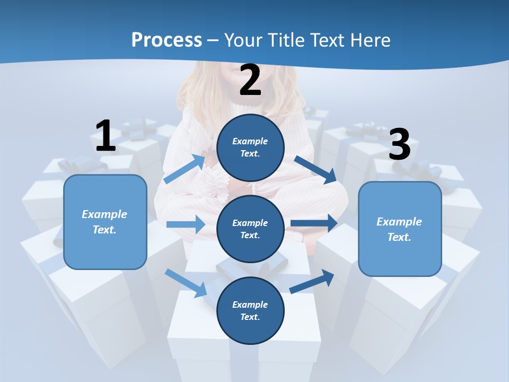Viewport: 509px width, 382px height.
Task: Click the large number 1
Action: click(x=106, y=136)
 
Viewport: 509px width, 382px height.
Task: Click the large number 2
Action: click(x=250, y=80)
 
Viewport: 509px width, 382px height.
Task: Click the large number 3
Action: click(x=399, y=144)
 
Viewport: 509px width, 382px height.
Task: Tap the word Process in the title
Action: click(x=166, y=40)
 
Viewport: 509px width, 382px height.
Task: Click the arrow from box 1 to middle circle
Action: click(x=186, y=224)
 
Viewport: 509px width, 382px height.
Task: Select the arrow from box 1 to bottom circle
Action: click(x=186, y=283)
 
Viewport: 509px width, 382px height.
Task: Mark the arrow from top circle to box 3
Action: click(x=315, y=168)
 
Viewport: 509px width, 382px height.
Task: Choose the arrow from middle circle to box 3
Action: click(x=314, y=223)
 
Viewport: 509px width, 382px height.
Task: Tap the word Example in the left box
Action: click(x=104, y=214)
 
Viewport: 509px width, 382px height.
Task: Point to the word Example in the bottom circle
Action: click(x=250, y=305)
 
